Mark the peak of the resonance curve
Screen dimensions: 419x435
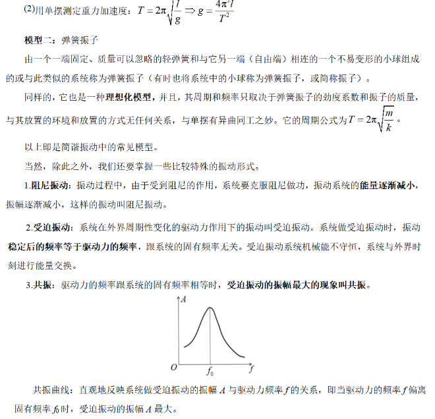(x=211, y=308)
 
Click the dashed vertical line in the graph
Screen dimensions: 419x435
(x=211, y=336)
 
